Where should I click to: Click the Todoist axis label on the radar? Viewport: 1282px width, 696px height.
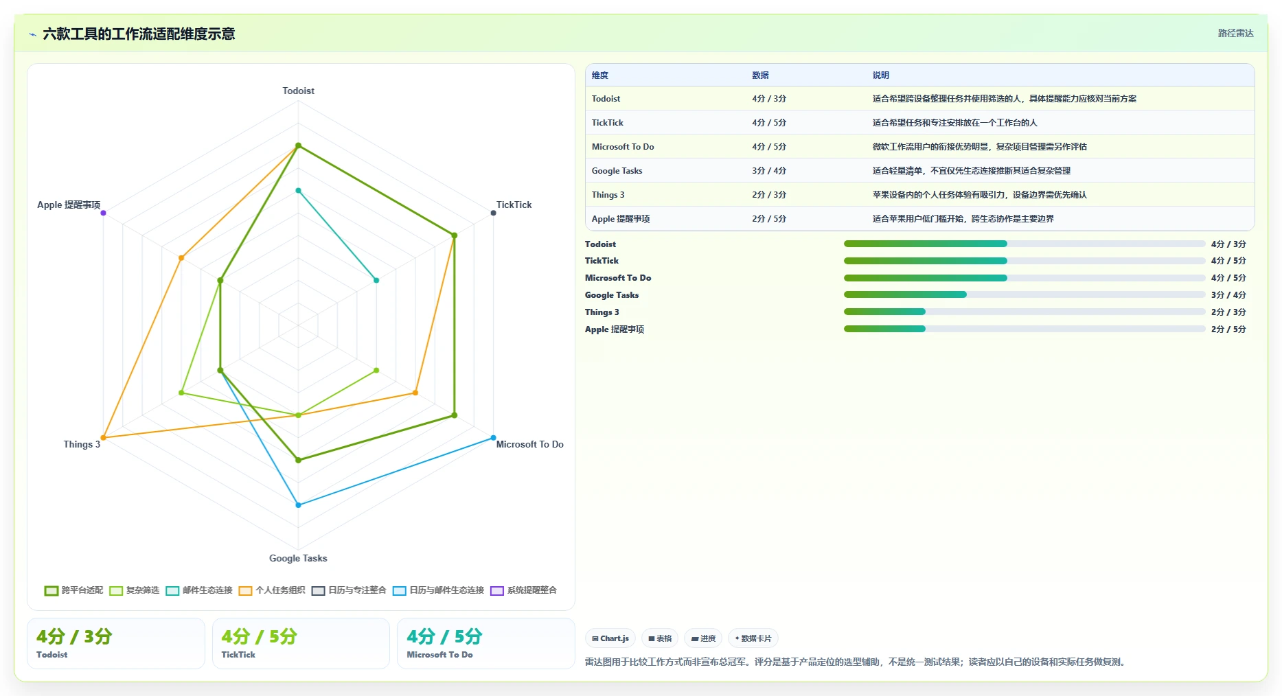click(x=298, y=91)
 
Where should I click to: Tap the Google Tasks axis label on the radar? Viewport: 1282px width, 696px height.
click(x=298, y=558)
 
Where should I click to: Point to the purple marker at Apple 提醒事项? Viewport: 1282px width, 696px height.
click(x=103, y=213)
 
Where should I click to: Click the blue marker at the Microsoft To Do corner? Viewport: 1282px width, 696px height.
click(x=493, y=438)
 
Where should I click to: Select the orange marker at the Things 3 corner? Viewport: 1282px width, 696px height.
click(x=103, y=438)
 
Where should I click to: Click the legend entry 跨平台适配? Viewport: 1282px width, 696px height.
click(x=73, y=590)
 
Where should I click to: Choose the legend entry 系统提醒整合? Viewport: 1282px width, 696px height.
click(x=524, y=590)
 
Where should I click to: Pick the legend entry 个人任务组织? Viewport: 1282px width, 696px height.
click(x=272, y=590)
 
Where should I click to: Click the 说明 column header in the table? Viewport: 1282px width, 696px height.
click(x=881, y=76)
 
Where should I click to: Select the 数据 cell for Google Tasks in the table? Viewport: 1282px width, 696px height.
click(x=769, y=171)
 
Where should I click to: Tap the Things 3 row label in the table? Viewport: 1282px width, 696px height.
click(x=608, y=195)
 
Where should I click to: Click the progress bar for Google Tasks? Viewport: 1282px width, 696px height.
click(x=1025, y=294)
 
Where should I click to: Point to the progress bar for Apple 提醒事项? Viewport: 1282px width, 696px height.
click(x=1025, y=329)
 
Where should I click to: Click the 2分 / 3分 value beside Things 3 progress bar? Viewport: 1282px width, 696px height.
click(x=1228, y=312)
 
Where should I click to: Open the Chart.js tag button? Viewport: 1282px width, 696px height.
click(x=610, y=638)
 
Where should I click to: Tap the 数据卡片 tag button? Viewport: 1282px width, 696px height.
click(x=753, y=638)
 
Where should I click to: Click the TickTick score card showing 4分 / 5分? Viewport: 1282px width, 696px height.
click(x=301, y=643)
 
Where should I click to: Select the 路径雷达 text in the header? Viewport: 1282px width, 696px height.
click(x=1236, y=33)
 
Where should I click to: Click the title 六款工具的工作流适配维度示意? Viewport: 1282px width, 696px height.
click(x=139, y=34)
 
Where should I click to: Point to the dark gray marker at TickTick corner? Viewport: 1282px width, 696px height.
click(x=493, y=213)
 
